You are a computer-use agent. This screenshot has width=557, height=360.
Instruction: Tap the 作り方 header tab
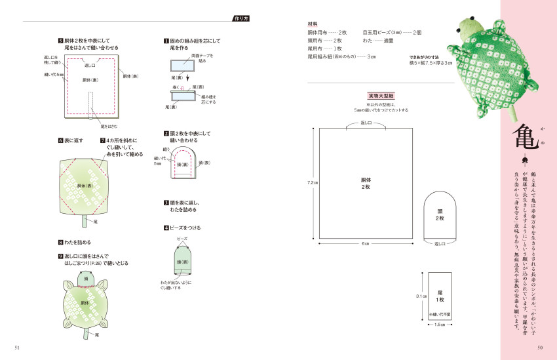click(x=240, y=18)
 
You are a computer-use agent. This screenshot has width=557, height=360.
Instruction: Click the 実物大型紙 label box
click(x=381, y=95)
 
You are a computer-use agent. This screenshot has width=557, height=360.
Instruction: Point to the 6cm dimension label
click(x=366, y=244)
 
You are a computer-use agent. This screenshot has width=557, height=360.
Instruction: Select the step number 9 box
click(x=60, y=256)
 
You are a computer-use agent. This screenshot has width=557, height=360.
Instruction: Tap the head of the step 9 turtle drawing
click(x=86, y=280)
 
